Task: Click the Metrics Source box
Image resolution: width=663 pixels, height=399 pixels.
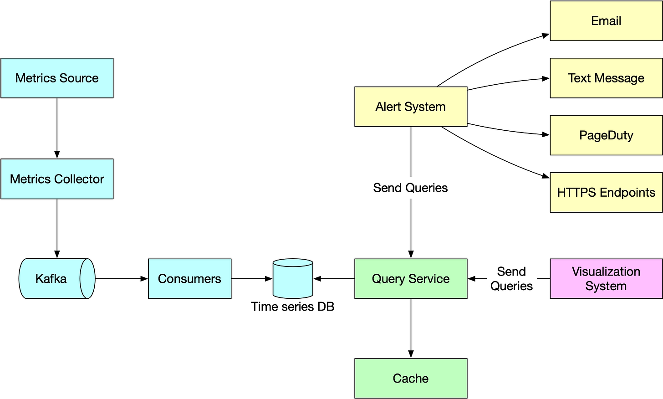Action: [57, 78]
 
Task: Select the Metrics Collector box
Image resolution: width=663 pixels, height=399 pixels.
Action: [57, 179]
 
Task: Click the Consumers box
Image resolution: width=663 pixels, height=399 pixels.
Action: [189, 279]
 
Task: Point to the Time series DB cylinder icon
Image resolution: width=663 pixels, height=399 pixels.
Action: [293, 278]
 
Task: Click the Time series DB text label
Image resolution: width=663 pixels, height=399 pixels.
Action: [292, 307]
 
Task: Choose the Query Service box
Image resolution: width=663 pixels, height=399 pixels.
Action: [411, 279]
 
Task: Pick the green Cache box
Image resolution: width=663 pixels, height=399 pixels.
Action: [411, 379]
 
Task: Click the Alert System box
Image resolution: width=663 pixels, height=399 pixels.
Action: [411, 107]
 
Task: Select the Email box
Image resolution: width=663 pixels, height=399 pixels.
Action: [606, 21]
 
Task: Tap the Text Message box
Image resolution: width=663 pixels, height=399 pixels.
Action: [606, 78]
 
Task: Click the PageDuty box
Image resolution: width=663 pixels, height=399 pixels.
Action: [606, 135]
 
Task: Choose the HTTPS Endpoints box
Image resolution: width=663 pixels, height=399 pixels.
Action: [606, 192]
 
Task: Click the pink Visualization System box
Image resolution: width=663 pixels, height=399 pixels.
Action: [606, 279]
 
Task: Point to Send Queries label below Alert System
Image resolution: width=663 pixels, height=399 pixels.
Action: [410, 188]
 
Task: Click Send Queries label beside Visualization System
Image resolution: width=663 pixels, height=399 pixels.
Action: [511, 279]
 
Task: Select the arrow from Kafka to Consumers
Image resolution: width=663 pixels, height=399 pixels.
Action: [122, 279]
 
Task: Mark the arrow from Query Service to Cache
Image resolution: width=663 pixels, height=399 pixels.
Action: [411, 328]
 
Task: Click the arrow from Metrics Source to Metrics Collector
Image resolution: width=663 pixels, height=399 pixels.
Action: [57, 128]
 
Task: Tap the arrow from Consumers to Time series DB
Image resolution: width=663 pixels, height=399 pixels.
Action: [252, 279]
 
